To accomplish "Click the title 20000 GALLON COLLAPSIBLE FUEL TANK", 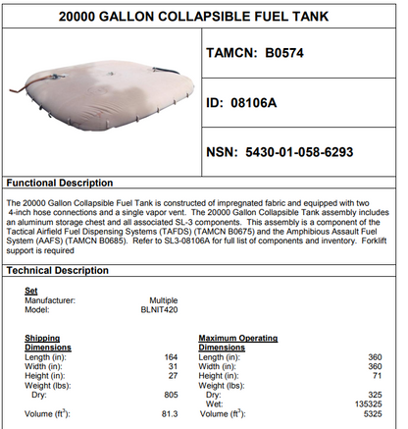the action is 204,17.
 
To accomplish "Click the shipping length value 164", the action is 171,356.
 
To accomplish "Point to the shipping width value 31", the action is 173,365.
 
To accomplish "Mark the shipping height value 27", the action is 173,374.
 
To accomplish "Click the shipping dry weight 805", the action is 171,394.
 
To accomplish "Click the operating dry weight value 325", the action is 374,394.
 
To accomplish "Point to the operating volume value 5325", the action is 372,412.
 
